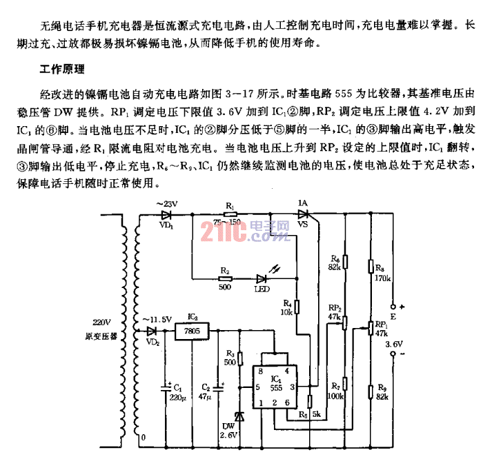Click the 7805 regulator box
(194, 332)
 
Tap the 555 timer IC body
(275, 389)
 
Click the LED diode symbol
(262, 279)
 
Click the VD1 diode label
(166, 224)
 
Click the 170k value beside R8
(384, 278)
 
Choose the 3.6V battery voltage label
(393, 343)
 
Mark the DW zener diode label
(227, 425)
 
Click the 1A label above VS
(302, 203)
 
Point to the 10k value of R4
(288, 312)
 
